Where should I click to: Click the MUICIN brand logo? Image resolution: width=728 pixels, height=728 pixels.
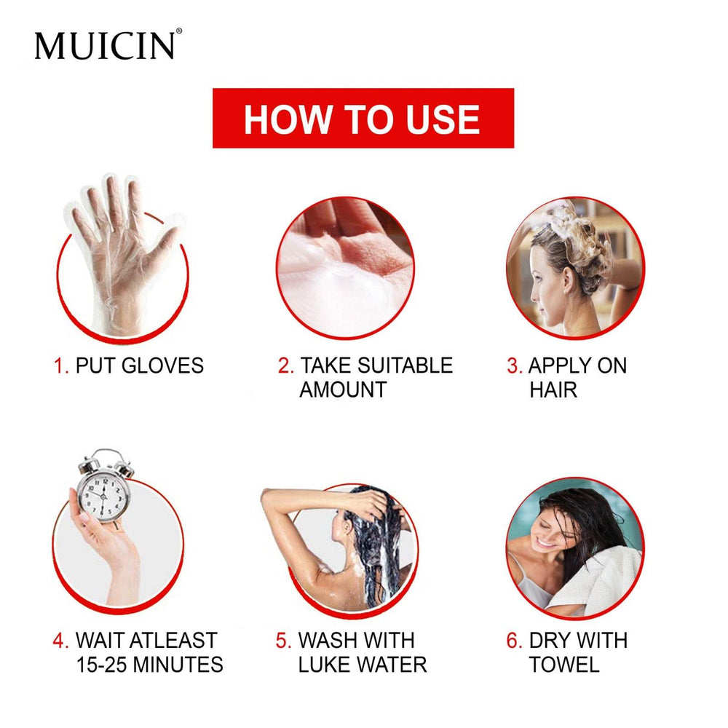click(106, 45)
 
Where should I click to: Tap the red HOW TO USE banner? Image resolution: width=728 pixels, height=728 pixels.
click(363, 119)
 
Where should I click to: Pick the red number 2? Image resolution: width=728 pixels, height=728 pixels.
click(285, 365)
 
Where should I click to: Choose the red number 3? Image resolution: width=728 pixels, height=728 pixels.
click(514, 365)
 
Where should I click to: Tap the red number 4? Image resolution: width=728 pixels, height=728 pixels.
click(60, 641)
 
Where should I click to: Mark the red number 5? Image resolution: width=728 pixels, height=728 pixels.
click(283, 641)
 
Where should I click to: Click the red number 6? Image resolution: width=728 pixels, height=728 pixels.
click(514, 641)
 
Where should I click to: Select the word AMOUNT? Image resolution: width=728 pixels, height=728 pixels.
click(342, 389)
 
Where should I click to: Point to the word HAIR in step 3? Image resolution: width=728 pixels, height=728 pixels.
click(553, 389)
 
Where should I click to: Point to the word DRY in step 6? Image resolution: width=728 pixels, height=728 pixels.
click(550, 641)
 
